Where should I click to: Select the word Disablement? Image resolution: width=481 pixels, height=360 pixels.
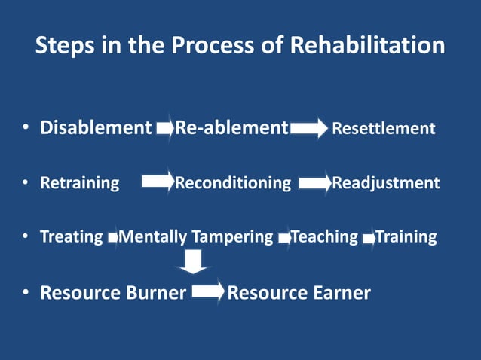(x=96, y=128)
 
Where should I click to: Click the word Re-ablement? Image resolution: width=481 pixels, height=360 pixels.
(x=231, y=128)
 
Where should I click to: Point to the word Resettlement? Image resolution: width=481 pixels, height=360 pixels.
(x=384, y=129)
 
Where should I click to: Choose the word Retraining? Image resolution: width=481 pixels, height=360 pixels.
(x=79, y=183)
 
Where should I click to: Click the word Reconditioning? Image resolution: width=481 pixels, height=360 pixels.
(x=233, y=183)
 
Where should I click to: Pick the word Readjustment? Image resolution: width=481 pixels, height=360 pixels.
(x=386, y=183)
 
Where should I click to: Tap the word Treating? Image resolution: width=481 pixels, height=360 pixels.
(x=71, y=237)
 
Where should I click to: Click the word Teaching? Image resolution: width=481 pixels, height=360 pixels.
(x=325, y=237)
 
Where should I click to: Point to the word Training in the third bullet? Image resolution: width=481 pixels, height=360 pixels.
(x=406, y=237)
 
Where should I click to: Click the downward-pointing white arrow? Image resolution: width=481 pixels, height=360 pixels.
(x=194, y=261)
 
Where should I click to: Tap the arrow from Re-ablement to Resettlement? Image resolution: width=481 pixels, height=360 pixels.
(x=309, y=129)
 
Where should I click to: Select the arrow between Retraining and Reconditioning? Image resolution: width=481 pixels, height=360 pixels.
(x=158, y=182)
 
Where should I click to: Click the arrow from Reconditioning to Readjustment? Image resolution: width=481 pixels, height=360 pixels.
(x=315, y=183)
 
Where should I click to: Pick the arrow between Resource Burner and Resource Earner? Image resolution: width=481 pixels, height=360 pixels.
(x=208, y=291)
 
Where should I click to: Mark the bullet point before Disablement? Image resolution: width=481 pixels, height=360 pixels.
(x=25, y=129)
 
